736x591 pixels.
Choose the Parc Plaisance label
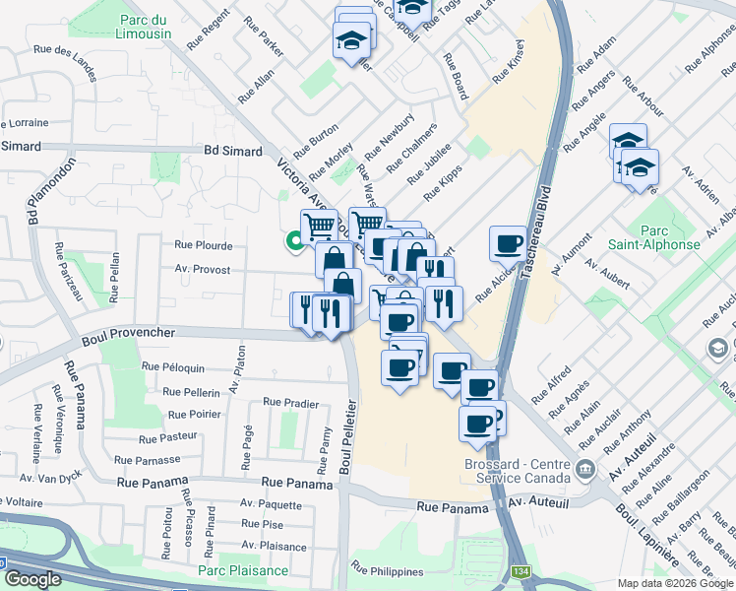point(243,570)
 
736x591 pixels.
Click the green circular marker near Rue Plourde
point(293,240)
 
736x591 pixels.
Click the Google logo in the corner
point(31,579)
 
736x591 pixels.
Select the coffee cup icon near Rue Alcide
point(509,241)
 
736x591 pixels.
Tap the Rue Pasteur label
point(168,437)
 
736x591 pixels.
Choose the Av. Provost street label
point(203,269)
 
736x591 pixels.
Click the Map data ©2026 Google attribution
point(675,583)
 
